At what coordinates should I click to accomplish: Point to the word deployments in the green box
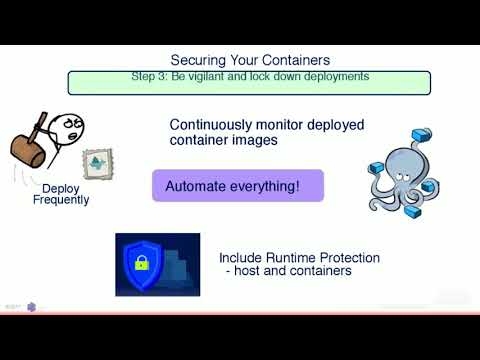pyautogui.click(x=337, y=76)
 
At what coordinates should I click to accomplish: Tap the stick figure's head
pyautogui.click(x=64, y=127)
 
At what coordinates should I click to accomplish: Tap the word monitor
pyautogui.click(x=290, y=125)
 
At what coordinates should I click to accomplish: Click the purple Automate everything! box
pyautogui.click(x=238, y=186)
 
